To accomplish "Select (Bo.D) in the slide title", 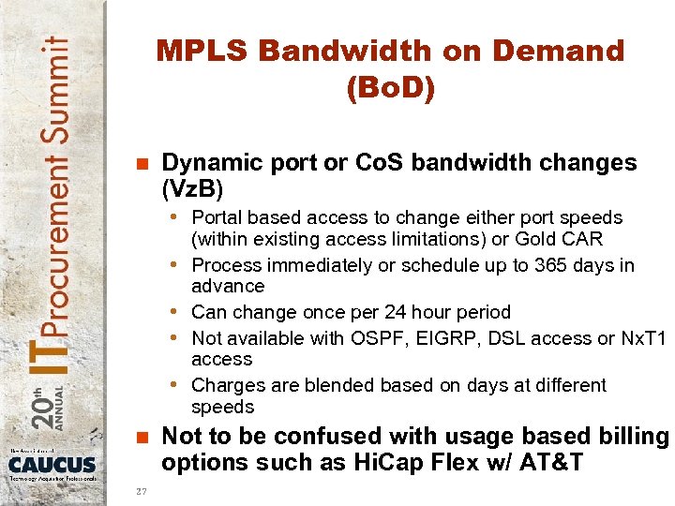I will pyautogui.click(x=390, y=89).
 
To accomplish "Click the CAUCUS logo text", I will pyautogui.click(x=52, y=464).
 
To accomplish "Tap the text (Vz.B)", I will pyautogui.click(x=192, y=189).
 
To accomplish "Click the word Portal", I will pyautogui.click(x=217, y=217).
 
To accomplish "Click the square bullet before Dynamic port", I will pyautogui.click(x=142, y=164).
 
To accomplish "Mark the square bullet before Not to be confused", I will pyautogui.click(x=142, y=438).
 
